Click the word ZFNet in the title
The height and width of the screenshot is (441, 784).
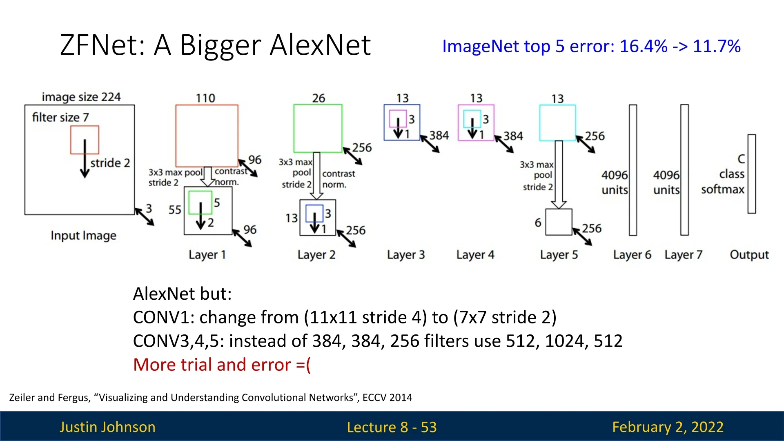(x=102, y=45)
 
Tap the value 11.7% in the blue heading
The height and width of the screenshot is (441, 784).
(x=717, y=46)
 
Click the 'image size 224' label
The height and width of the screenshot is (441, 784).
(x=81, y=97)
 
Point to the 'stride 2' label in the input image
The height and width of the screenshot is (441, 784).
(x=110, y=163)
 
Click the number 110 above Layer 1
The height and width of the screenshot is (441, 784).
(x=205, y=98)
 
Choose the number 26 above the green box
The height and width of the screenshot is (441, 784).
(x=318, y=98)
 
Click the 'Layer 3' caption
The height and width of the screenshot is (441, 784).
(x=406, y=255)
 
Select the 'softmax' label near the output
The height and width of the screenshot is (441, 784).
(x=723, y=189)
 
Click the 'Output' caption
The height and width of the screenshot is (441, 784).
(x=749, y=255)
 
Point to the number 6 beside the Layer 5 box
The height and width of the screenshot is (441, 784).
(x=538, y=223)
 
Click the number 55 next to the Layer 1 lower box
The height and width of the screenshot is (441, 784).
(x=175, y=210)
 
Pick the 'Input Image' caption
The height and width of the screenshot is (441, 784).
(x=83, y=236)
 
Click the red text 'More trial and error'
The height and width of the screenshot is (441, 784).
(x=212, y=365)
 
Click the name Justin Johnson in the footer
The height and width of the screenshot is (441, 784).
(x=107, y=427)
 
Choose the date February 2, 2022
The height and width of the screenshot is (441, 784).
(x=668, y=427)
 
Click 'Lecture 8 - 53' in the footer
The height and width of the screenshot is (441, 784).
(x=392, y=427)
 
